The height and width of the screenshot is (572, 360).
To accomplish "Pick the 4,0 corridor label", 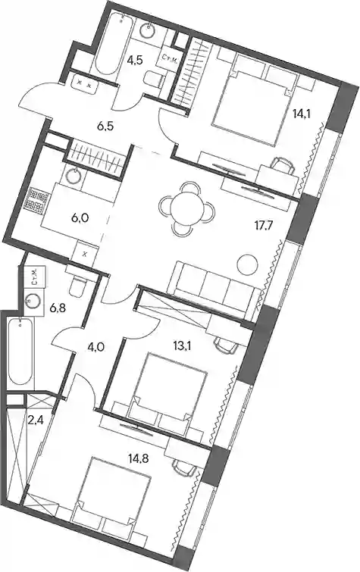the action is [96, 346].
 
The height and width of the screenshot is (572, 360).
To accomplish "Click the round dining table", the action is [187, 208].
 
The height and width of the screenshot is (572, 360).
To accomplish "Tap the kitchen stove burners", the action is [36, 199].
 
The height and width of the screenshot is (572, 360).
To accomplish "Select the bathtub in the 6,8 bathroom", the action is [20, 351].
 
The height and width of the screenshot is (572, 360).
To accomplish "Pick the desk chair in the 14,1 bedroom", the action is [282, 164].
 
